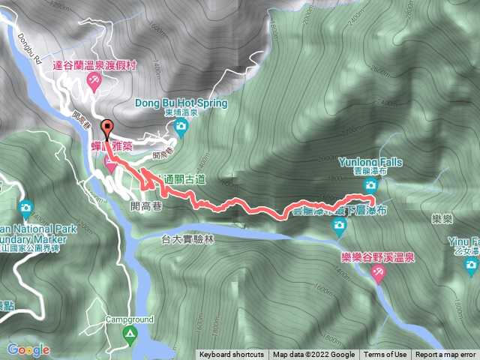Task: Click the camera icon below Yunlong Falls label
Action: tap(370, 184)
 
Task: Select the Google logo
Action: tap(28, 349)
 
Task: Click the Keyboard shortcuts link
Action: tap(232, 355)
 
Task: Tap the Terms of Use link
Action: tap(385, 355)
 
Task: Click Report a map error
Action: tap(445, 355)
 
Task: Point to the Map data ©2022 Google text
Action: tap(313, 355)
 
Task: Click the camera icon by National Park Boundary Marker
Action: tap(25, 207)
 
